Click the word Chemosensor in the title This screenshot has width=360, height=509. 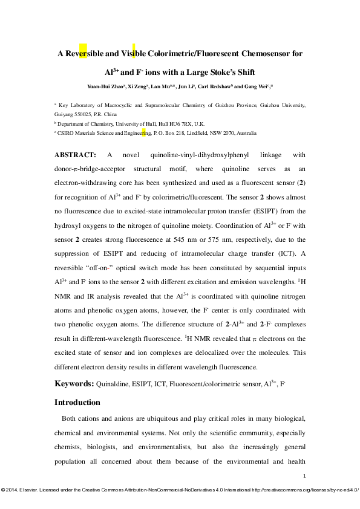click(265, 53)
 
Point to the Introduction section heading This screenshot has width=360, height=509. click(77, 402)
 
